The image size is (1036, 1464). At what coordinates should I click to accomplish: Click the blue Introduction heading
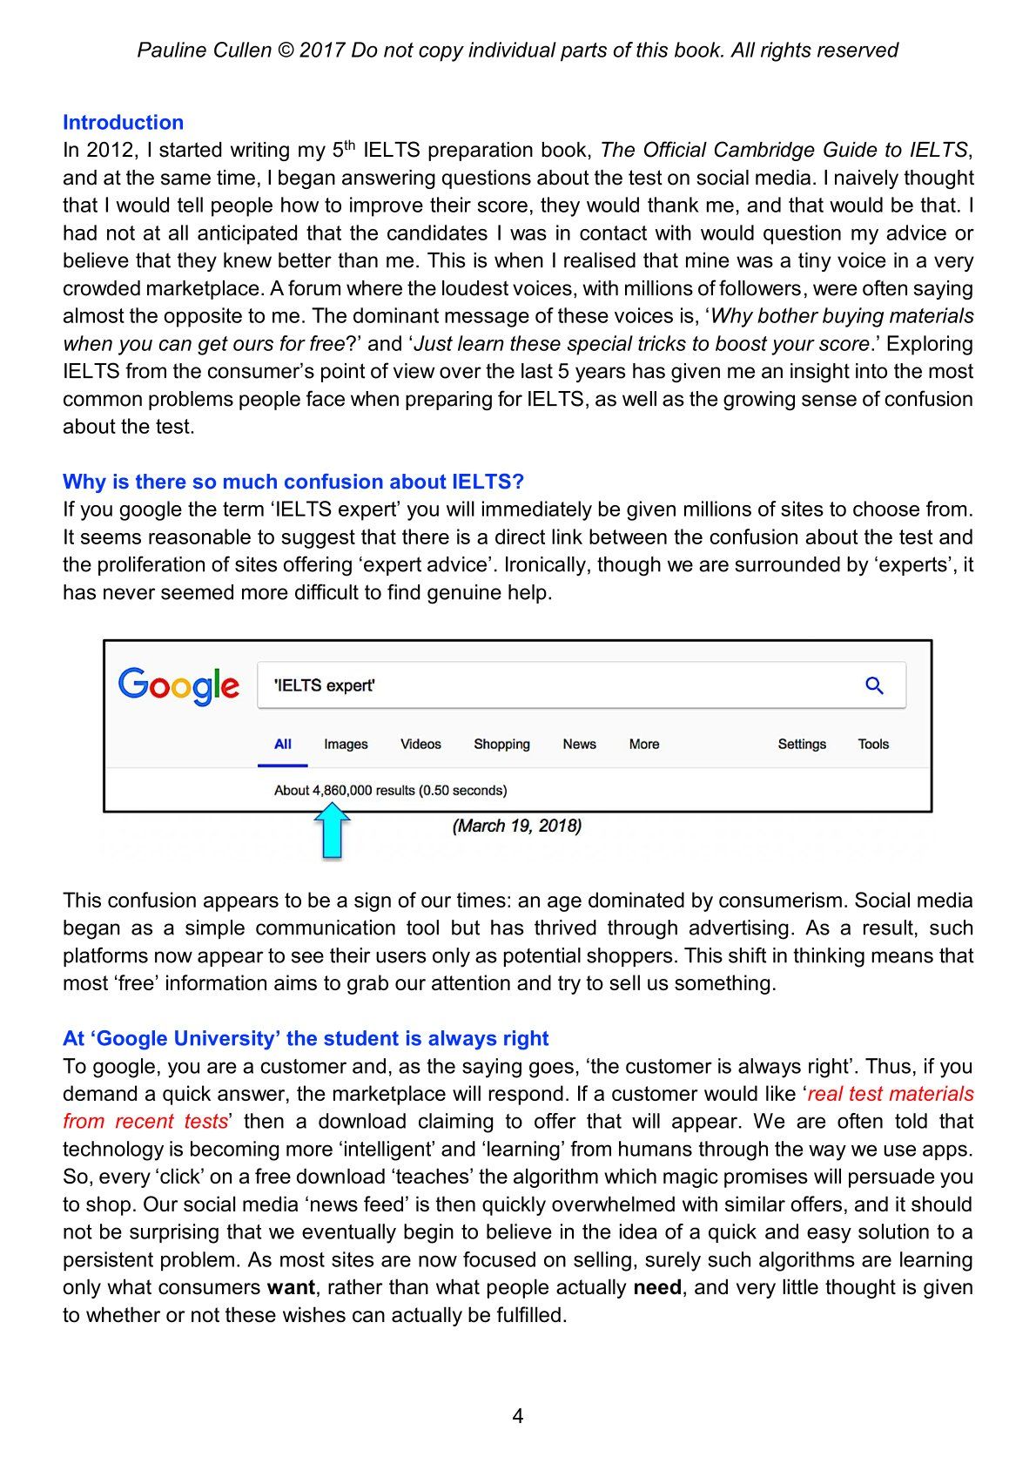click(123, 123)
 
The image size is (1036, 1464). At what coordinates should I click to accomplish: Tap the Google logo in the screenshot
click(178, 685)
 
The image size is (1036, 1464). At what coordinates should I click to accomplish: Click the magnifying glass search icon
click(874, 685)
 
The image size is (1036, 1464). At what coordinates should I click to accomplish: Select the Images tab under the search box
click(346, 744)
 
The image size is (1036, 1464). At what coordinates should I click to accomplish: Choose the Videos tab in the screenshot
click(420, 744)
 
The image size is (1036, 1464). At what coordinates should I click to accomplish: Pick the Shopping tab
click(501, 744)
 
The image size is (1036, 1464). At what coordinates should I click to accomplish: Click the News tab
click(579, 744)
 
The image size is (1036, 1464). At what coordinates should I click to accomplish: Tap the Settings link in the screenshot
click(802, 744)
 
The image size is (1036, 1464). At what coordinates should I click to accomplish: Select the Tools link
click(873, 744)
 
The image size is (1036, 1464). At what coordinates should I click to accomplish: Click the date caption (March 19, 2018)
click(517, 826)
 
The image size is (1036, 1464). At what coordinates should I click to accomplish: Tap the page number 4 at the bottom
click(518, 1416)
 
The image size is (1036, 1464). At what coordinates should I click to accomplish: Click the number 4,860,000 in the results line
click(342, 791)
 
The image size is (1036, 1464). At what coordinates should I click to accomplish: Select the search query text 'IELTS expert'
click(325, 685)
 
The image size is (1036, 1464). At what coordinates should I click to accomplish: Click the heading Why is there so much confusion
click(293, 482)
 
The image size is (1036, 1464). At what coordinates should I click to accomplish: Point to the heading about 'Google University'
click(306, 1038)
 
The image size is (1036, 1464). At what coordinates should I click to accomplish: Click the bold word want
click(291, 1287)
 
